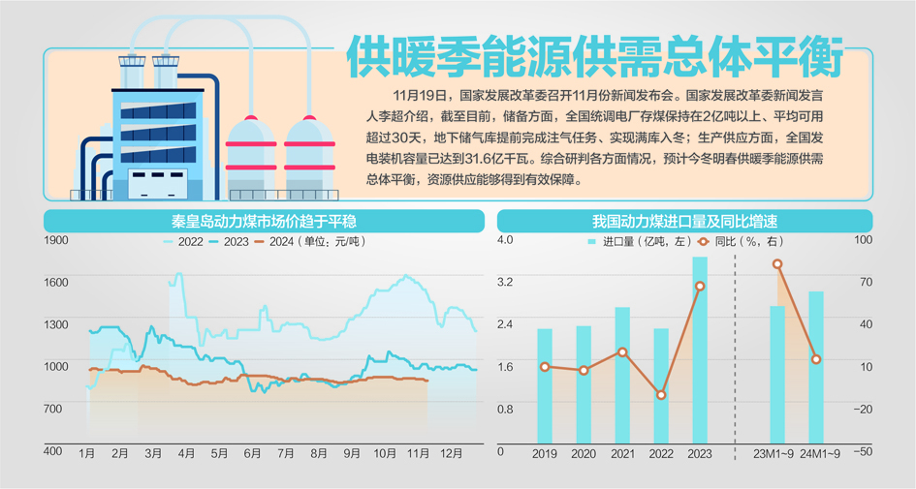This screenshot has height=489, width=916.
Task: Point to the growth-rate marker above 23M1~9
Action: (x=777, y=264)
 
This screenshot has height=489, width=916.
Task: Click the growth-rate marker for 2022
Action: (x=661, y=395)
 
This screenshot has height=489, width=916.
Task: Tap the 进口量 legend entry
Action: (x=625, y=242)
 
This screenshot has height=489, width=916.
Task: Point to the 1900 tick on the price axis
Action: (x=55, y=239)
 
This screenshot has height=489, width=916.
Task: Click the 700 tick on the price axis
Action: (x=53, y=409)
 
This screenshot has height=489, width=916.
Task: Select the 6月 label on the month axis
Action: (x=252, y=453)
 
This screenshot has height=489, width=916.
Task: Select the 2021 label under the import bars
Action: (x=622, y=453)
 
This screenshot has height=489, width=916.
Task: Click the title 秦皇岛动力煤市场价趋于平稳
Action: (x=264, y=221)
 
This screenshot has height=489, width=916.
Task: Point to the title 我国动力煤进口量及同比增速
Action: (x=686, y=221)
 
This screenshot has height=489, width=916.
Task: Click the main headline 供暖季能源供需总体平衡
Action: (x=593, y=58)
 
